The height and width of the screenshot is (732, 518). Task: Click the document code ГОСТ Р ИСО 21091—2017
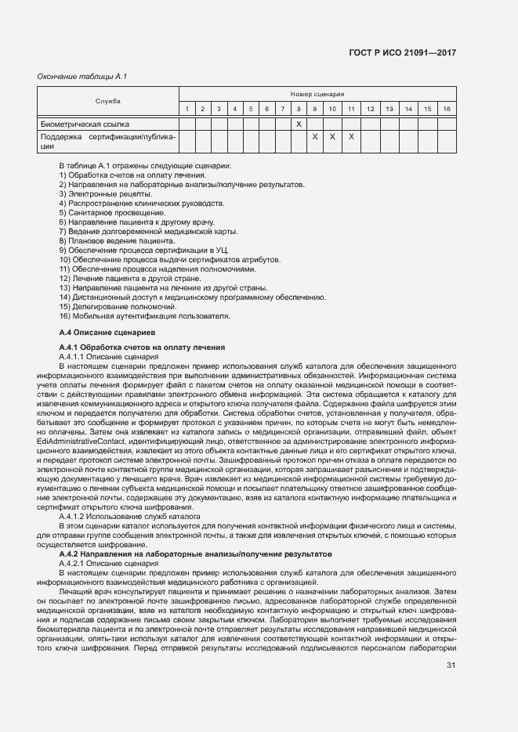402,52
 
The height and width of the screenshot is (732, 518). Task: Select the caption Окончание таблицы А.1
82,76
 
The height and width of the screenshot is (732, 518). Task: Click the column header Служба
108,101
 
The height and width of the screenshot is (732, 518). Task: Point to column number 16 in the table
446,109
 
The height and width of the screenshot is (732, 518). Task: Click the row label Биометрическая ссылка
85,124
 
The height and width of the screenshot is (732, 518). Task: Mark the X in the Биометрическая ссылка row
299,124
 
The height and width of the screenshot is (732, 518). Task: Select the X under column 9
314,136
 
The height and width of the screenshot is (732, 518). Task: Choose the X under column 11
351,136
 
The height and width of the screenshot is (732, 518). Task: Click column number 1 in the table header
187,109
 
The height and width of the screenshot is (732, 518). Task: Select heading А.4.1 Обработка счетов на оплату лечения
143,347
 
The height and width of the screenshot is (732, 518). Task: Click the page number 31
451,665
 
